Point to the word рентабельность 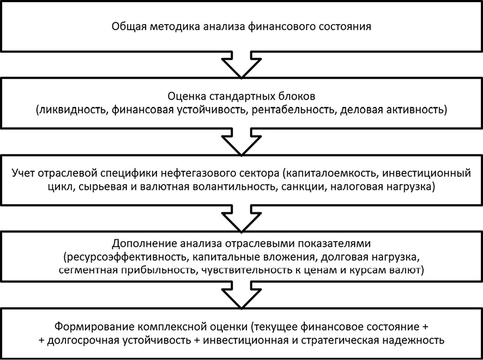(x=293, y=110)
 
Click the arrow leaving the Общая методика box (x=241, y=65)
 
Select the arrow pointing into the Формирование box (x=241, y=295)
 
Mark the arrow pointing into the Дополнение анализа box (x=241, y=218)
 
